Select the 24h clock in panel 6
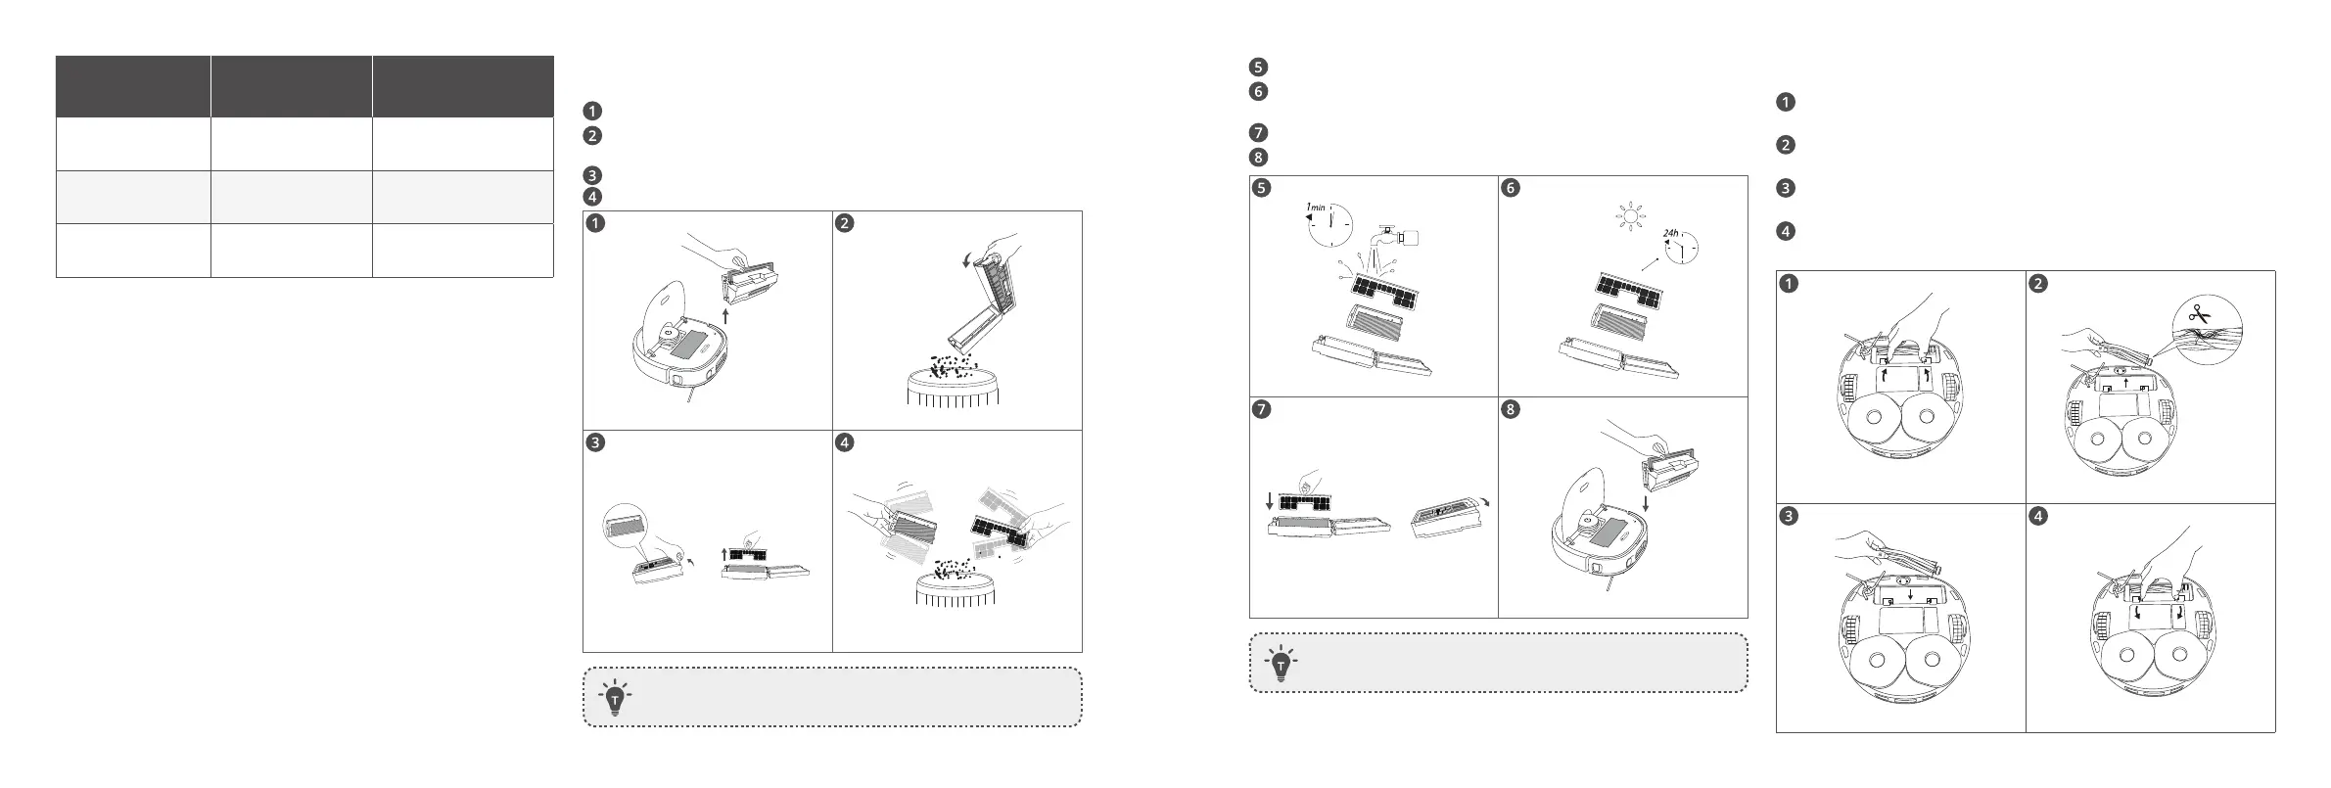(x=1681, y=247)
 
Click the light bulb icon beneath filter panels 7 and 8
(x=1280, y=664)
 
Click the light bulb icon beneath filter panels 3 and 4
(x=614, y=697)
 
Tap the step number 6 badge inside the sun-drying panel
(x=1511, y=189)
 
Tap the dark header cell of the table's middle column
(x=291, y=86)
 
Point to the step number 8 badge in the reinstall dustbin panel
(x=1511, y=410)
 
